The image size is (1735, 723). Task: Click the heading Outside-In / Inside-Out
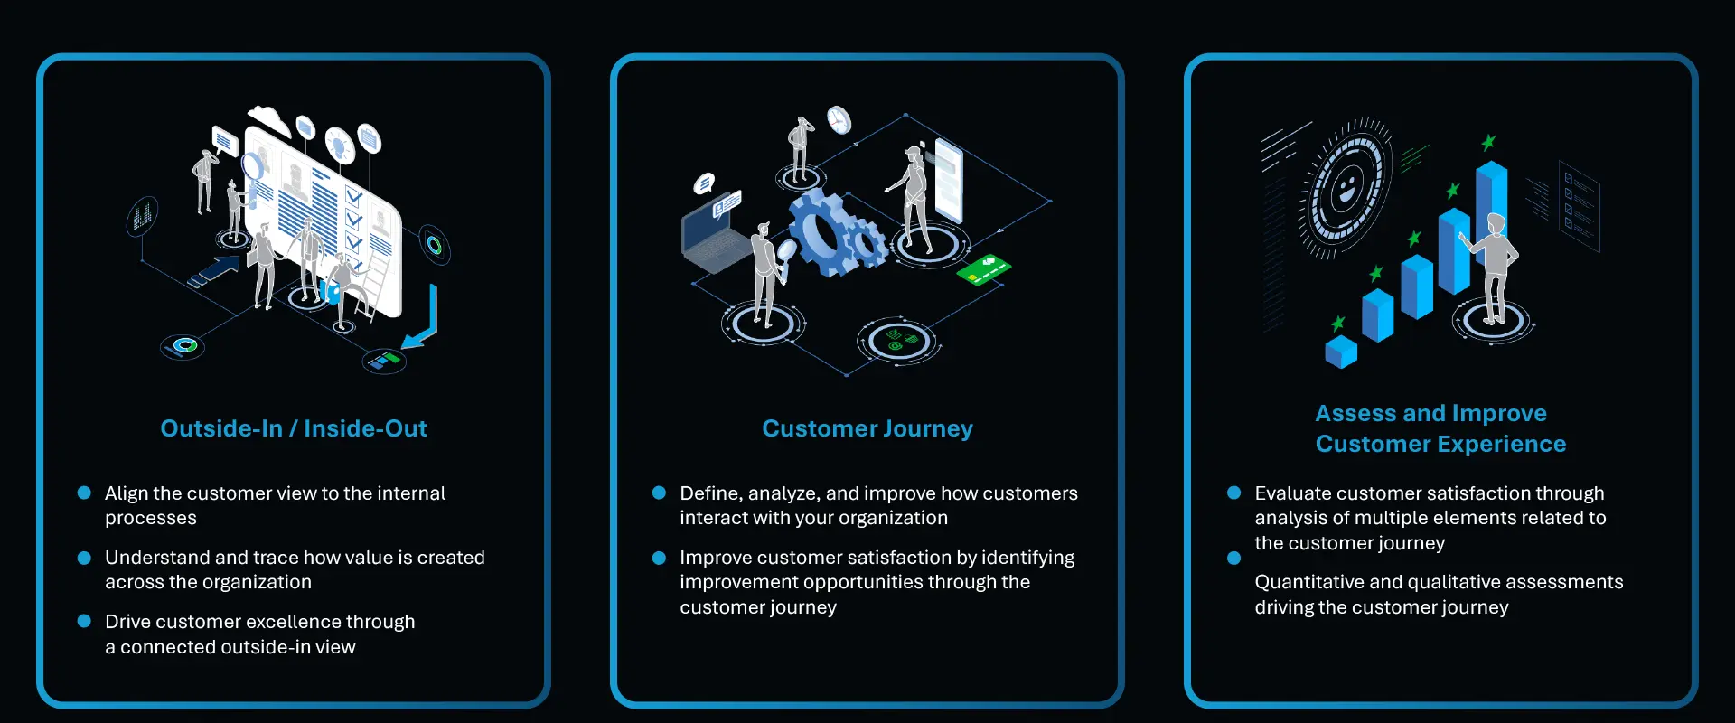coord(293,428)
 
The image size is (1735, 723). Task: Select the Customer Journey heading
coord(867,428)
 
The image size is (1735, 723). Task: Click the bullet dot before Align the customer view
coord(84,493)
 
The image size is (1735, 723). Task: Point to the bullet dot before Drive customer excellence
coord(84,621)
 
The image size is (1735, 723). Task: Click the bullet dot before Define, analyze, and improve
coord(659,493)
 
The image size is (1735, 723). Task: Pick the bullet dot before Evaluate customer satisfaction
coord(1233,493)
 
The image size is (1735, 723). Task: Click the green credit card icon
coord(983,268)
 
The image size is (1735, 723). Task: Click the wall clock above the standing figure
coord(839,119)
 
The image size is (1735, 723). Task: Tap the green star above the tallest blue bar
coord(1488,142)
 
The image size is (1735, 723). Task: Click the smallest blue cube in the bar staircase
coord(1341,351)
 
